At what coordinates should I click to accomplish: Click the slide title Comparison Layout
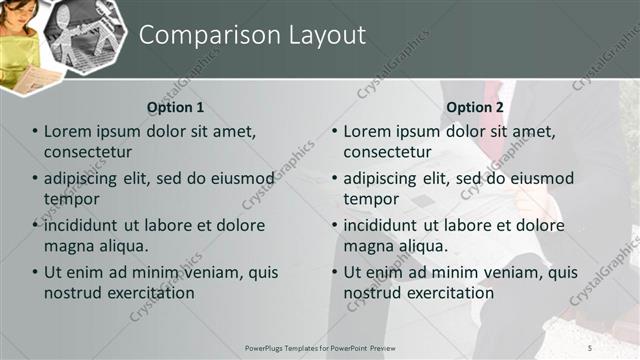(x=252, y=35)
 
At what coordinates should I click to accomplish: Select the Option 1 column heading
(x=175, y=107)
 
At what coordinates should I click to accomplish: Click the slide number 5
(x=590, y=347)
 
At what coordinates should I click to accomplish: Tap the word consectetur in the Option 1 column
(x=88, y=152)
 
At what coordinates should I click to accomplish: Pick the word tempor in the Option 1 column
(x=68, y=198)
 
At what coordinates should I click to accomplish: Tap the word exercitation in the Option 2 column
(x=449, y=293)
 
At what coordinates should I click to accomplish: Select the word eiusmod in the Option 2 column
(x=541, y=178)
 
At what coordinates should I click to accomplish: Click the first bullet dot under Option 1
(x=35, y=132)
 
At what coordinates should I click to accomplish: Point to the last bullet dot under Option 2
(x=335, y=273)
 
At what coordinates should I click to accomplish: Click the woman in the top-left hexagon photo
(x=20, y=40)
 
